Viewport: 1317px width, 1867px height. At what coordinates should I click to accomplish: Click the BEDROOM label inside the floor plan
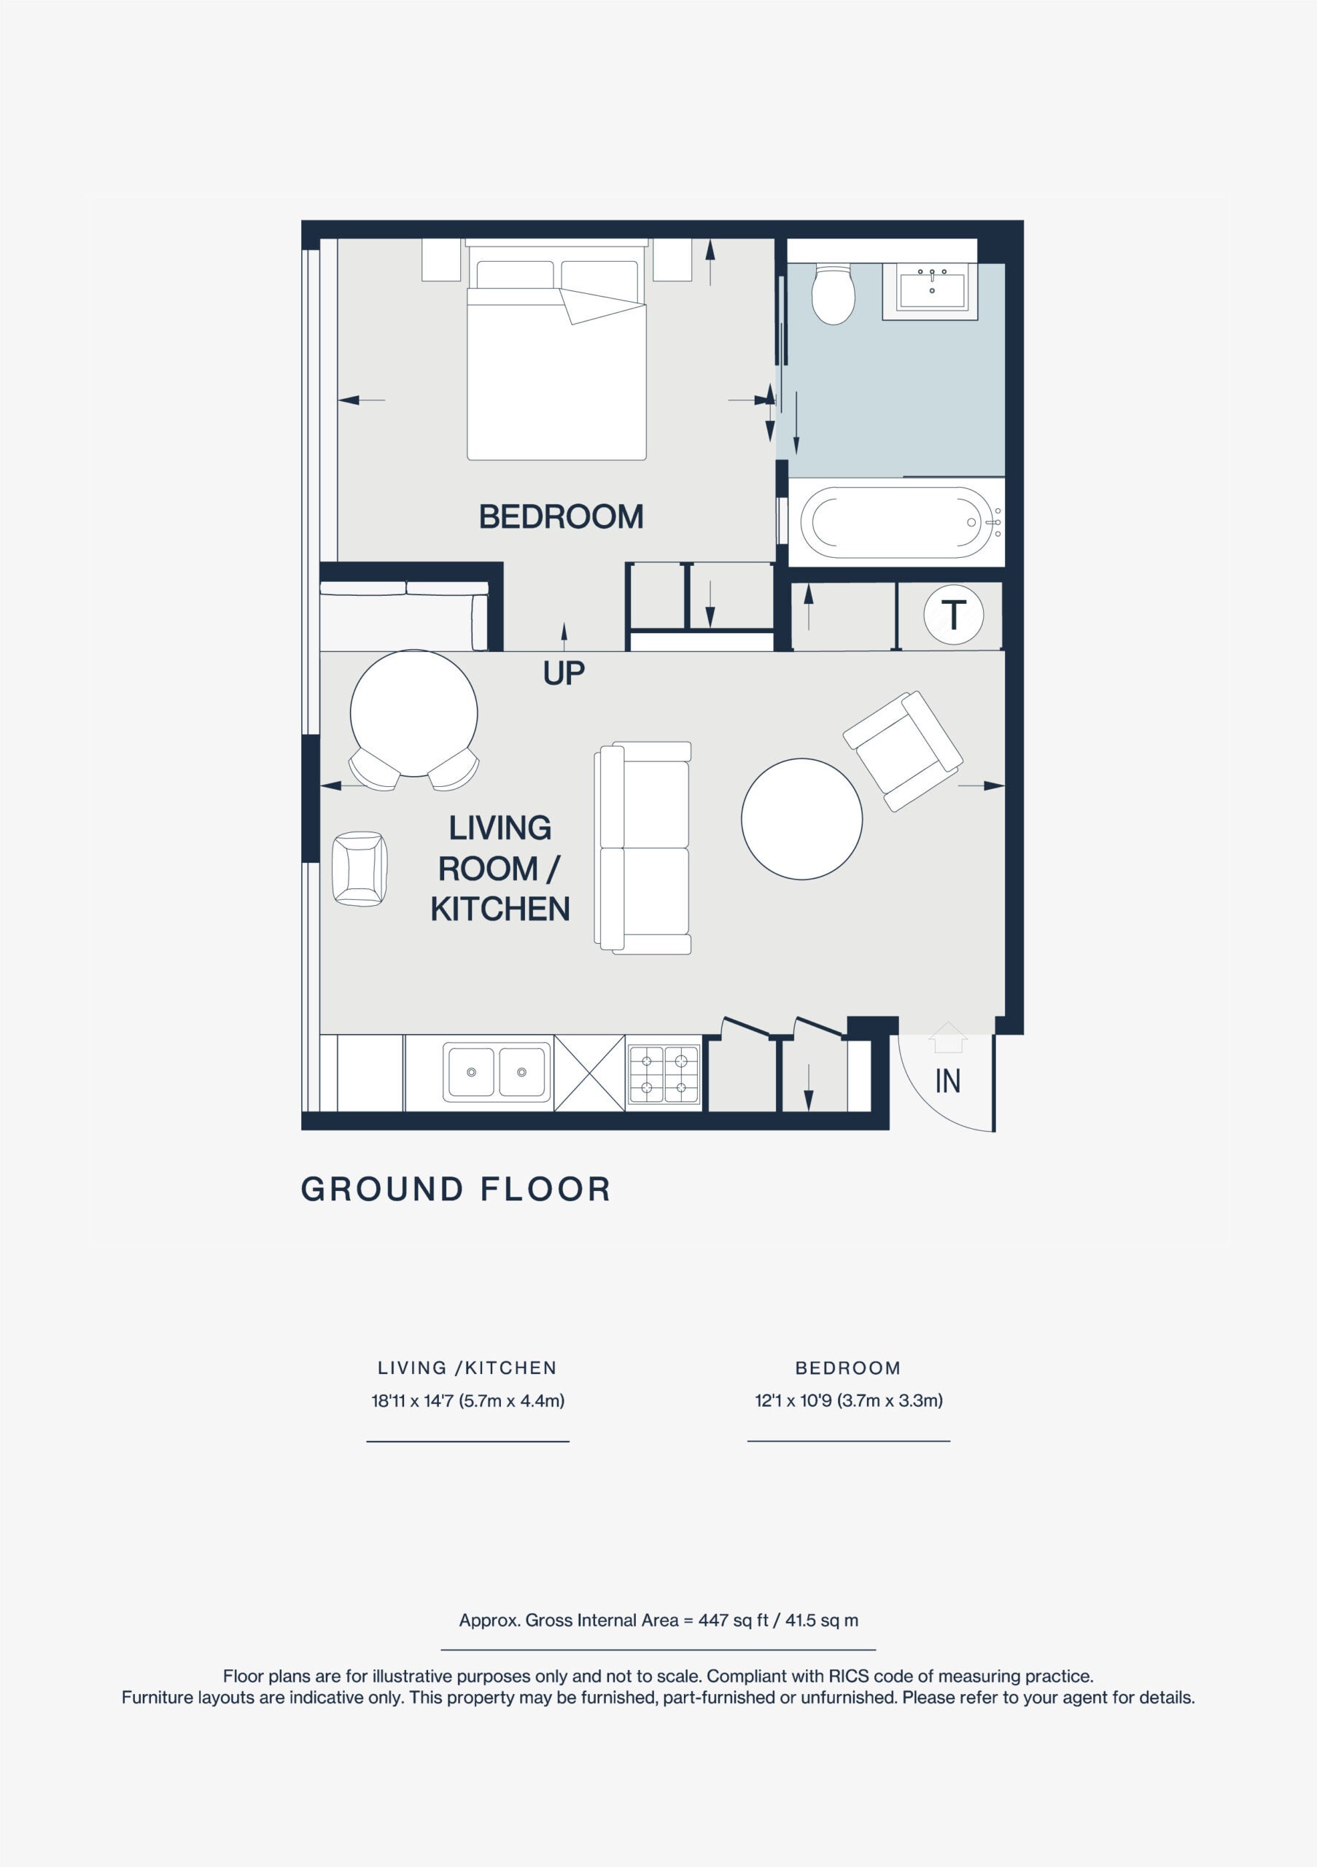(561, 516)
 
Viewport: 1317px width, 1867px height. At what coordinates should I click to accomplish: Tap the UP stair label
(564, 673)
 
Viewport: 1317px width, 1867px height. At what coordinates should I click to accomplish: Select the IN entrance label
(948, 1081)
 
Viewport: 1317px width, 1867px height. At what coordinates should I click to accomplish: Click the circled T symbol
(954, 615)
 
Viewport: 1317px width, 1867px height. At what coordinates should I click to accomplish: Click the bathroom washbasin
(932, 287)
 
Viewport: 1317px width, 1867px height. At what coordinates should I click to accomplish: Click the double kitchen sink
(497, 1073)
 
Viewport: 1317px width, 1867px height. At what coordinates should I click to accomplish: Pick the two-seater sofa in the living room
(643, 847)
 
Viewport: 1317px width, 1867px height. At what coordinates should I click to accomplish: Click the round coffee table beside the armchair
(801, 819)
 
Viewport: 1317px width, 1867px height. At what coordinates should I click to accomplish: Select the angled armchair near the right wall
(902, 751)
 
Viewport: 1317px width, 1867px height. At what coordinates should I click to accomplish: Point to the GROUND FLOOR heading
(456, 1189)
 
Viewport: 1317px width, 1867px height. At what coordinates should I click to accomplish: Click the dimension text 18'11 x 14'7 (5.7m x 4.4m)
(467, 1400)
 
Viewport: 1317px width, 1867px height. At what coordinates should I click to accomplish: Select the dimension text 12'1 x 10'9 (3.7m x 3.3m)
(849, 1400)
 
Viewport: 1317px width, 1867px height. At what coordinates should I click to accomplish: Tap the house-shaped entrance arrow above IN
(948, 1038)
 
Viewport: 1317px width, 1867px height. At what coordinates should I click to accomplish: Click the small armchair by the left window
(360, 869)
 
